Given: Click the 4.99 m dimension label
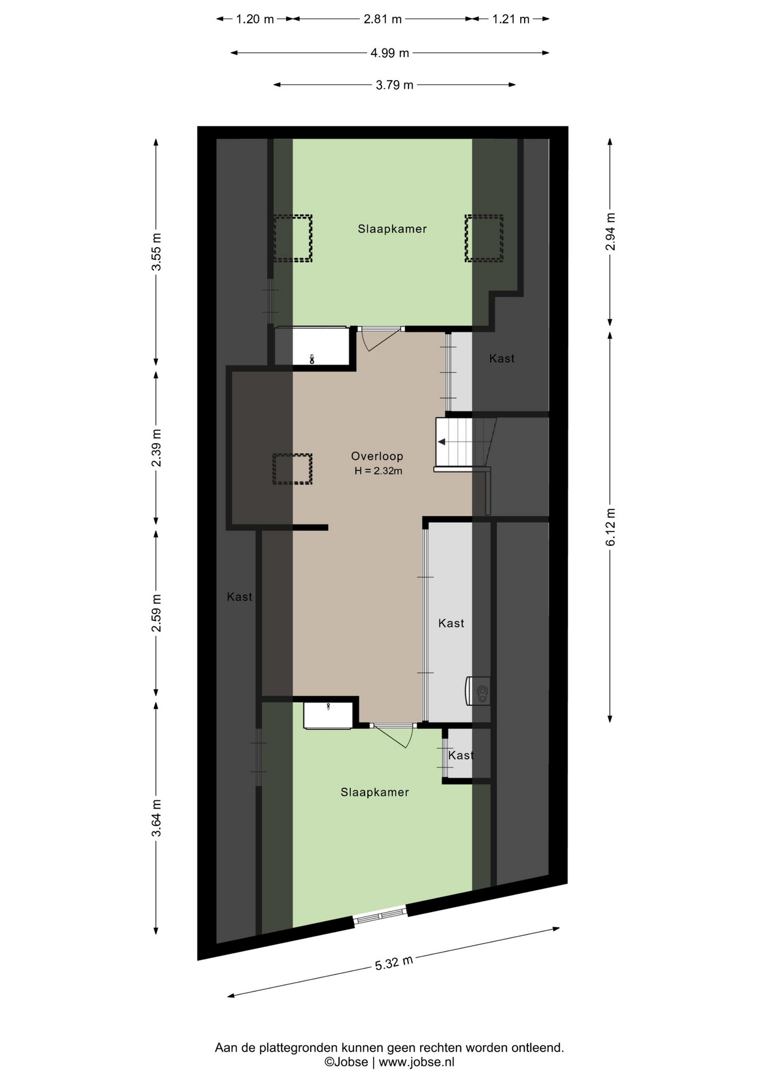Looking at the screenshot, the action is pos(390,53).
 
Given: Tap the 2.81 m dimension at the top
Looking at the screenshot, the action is pos(382,19).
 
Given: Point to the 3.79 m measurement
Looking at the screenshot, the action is pos(394,85).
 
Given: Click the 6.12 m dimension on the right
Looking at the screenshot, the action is pos(610,527).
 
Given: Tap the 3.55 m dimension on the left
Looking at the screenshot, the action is pos(156,252).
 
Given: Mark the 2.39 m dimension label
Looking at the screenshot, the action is pos(156,448).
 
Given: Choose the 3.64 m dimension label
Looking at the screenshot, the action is pos(156,818).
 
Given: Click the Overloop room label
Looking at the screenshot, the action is pos(377,456).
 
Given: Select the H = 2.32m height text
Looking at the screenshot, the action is pos(378,471).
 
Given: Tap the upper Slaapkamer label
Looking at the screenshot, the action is pos(392,229).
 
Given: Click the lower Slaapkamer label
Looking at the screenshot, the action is pos(375,793).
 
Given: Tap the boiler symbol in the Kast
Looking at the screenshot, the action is pos(478,691).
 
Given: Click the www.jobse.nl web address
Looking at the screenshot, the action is pos(416,1062).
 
